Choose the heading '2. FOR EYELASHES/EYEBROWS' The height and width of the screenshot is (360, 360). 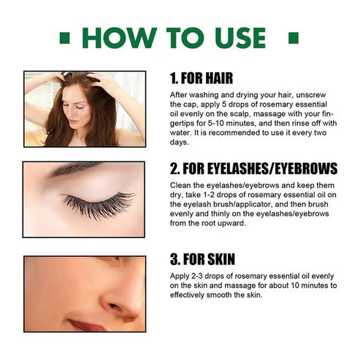tap(253, 169)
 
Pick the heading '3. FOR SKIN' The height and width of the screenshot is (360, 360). tap(204, 259)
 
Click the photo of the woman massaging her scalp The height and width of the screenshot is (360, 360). tap(84, 109)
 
